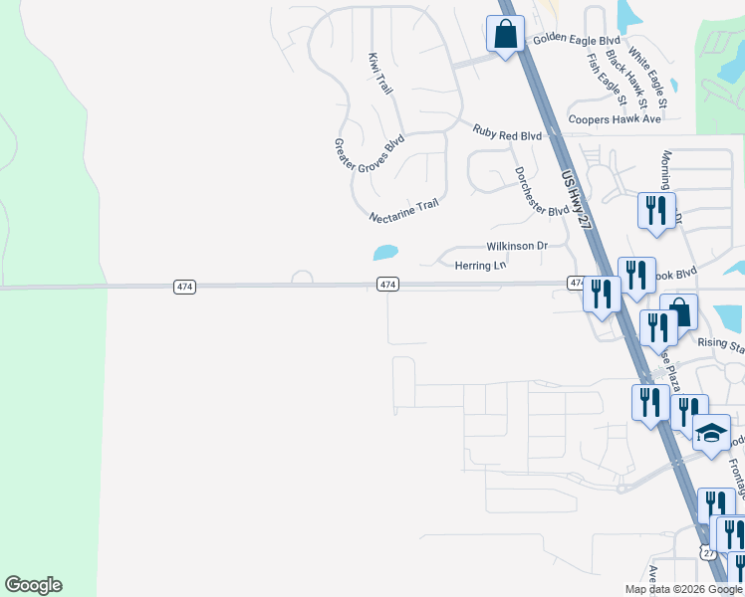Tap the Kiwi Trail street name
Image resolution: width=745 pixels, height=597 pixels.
click(x=379, y=74)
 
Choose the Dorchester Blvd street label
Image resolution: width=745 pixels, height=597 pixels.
click(x=541, y=191)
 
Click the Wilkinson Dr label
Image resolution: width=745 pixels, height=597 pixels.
click(x=517, y=245)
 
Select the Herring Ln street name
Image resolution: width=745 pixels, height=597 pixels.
click(x=481, y=266)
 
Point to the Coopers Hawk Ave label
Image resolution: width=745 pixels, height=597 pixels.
click(x=615, y=119)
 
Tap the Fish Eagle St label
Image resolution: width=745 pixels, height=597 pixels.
click(x=606, y=79)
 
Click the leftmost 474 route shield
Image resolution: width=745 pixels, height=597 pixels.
click(x=184, y=287)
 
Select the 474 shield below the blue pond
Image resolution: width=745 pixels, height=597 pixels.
click(x=388, y=285)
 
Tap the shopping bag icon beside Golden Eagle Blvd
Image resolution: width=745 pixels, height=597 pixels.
click(x=506, y=34)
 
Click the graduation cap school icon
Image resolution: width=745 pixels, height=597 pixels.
click(x=711, y=434)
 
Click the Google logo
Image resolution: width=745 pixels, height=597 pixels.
click(x=33, y=585)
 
